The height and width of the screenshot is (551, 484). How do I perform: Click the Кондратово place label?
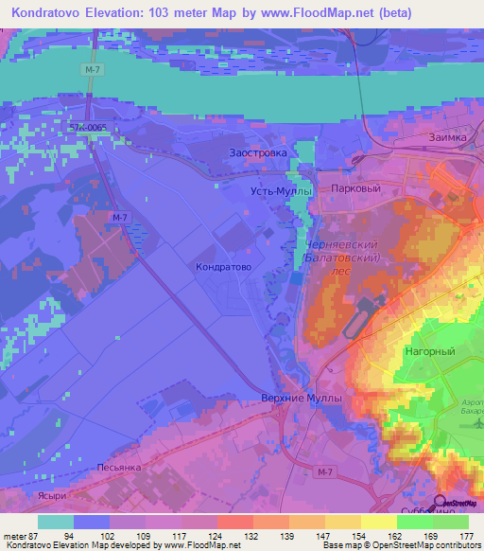(x=222, y=268)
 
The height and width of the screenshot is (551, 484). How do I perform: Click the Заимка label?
(x=445, y=137)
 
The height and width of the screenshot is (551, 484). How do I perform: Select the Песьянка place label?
(x=120, y=468)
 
